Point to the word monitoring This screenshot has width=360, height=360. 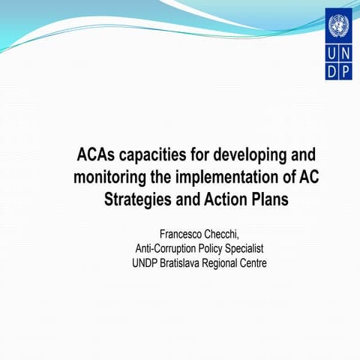click(109, 178)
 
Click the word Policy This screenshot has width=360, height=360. click(222, 249)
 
